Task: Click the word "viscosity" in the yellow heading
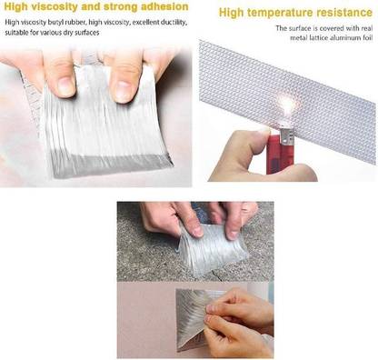55,6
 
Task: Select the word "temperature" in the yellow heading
280,13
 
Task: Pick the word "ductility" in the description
174,23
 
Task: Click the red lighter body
279,155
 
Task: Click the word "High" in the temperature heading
231,13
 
